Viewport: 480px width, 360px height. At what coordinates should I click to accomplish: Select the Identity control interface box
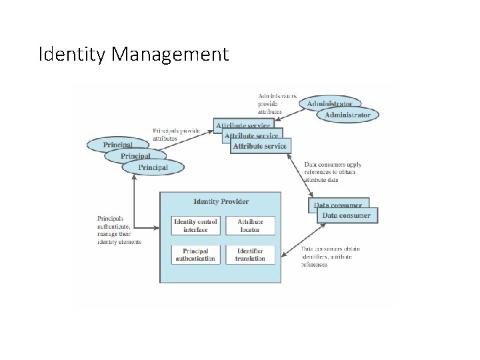pyautogui.click(x=195, y=226)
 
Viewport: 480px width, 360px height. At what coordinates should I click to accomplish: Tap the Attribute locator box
pyautogui.click(x=251, y=226)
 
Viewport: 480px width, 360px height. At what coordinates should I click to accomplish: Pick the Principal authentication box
pyautogui.click(x=195, y=255)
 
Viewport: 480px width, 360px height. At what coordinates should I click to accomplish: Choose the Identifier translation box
pyautogui.click(x=251, y=255)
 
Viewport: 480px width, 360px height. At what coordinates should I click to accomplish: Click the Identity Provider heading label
pyautogui.click(x=221, y=201)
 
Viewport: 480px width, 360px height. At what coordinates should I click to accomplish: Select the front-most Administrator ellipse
pyautogui.click(x=347, y=115)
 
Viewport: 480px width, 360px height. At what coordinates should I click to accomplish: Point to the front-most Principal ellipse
pyautogui.click(x=153, y=167)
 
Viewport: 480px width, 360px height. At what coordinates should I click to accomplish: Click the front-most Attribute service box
pyautogui.click(x=260, y=145)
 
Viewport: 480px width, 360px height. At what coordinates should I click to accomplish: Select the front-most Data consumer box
pyautogui.click(x=347, y=215)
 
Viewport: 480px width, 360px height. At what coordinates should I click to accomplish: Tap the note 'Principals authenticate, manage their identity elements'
pyautogui.click(x=119, y=230)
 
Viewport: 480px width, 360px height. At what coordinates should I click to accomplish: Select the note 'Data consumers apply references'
pyautogui.click(x=333, y=172)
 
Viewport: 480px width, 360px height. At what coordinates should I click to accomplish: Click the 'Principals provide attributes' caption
pyautogui.click(x=177, y=134)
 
